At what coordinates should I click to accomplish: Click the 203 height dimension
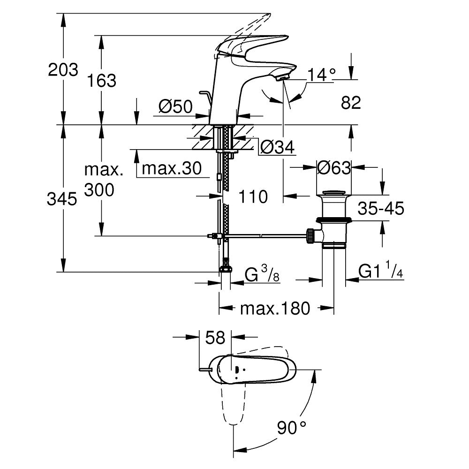click(x=63, y=70)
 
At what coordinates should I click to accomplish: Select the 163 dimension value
click(x=102, y=81)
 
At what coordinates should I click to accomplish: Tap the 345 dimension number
click(x=63, y=200)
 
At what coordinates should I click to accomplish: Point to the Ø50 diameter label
click(x=175, y=107)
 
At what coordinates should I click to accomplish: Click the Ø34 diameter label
click(x=277, y=148)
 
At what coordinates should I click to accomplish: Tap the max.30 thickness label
click(x=171, y=168)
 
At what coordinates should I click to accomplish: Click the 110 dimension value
click(x=253, y=197)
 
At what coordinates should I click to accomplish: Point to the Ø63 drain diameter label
click(x=334, y=167)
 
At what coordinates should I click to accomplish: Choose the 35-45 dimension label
click(x=380, y=209)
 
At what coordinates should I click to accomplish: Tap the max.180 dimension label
click(x=275, y=309)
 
